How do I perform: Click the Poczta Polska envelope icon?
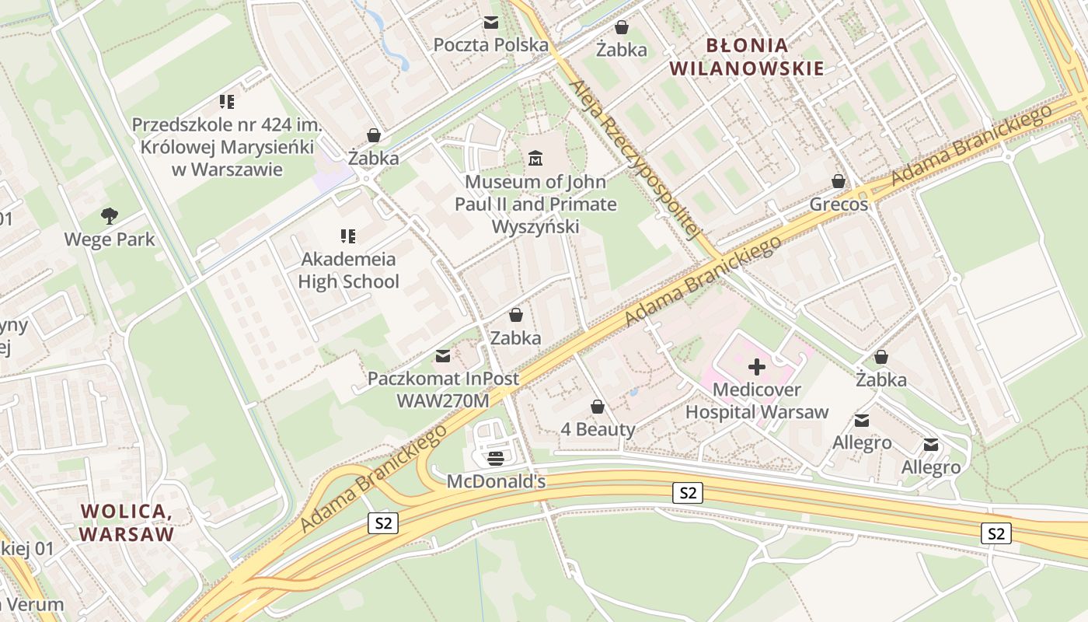pos(491,23)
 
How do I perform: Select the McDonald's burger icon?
pos(496,458)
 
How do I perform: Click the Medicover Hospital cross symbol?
pos(757,367)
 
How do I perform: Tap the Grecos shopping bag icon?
pos(839,181)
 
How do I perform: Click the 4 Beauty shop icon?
pos(598,407)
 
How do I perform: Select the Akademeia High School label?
pos(348,271)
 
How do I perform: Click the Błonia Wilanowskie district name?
pos(747,57)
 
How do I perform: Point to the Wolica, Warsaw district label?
pos(126,522)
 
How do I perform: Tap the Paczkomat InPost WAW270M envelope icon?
pos(443,356)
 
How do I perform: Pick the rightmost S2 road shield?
pos(996,533)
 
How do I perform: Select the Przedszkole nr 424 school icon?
pos(227,101)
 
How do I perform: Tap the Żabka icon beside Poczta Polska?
pos(622,28)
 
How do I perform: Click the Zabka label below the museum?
pos(515,338)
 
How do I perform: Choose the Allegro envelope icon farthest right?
pos(931,446)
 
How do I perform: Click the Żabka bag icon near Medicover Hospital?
pos(881,357)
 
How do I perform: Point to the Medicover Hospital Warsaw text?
pos(757,400)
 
